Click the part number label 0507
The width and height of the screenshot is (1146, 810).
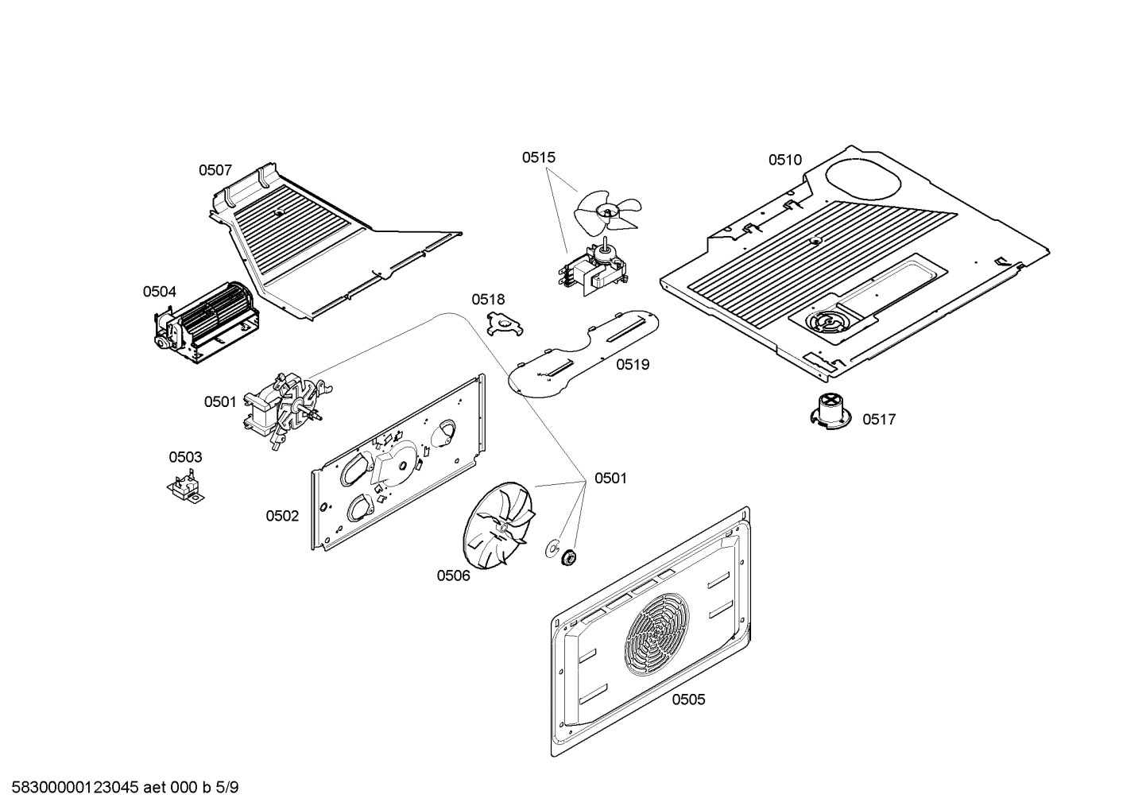coord(215,170)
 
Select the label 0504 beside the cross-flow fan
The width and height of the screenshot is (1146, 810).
coord(160,292)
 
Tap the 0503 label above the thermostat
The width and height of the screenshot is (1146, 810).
coord(185,457)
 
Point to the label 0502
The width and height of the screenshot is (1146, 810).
coord(282,516)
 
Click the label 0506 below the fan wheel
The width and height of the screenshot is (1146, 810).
coord(453,576)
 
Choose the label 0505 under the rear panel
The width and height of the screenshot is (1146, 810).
coord(688,700)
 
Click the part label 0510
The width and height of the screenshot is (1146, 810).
coord(784,160)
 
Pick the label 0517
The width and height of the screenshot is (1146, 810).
coord(879,420)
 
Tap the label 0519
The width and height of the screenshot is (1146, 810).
coord(633,365)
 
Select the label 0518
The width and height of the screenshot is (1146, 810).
coord(488,300)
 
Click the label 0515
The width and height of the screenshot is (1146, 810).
coord(538,157)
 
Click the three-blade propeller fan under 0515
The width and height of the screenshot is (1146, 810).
coord(607,211)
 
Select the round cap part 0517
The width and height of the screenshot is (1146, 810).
coord(830,412)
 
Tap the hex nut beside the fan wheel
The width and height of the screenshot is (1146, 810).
coord(568,557)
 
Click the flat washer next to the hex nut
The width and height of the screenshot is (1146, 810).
coord(550,548)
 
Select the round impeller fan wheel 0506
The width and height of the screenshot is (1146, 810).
coord(496,527)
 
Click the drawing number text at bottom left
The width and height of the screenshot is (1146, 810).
coord(120,788)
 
